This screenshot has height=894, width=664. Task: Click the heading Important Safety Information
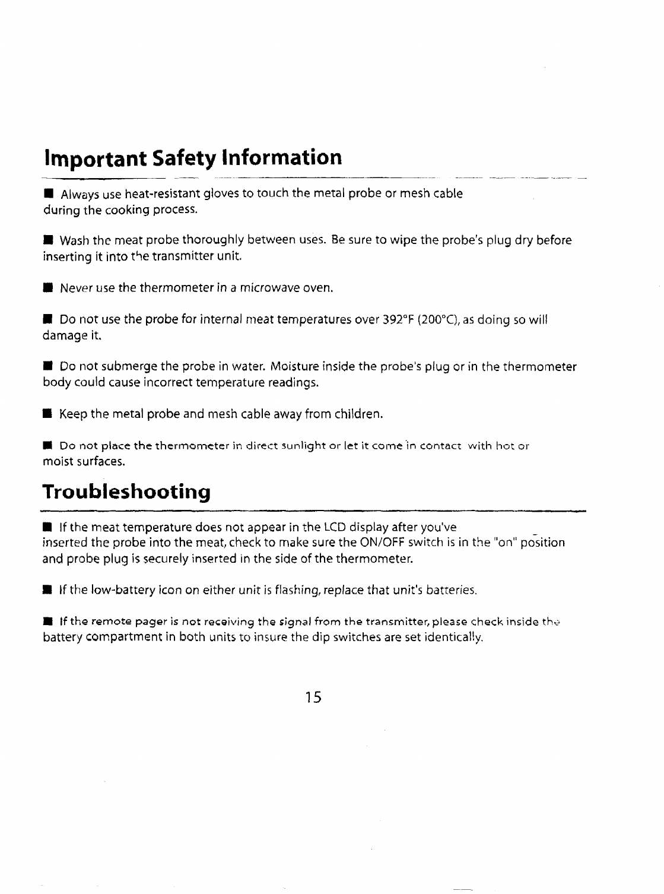pos(193,158)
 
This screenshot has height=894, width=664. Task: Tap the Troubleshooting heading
pos(127,492)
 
